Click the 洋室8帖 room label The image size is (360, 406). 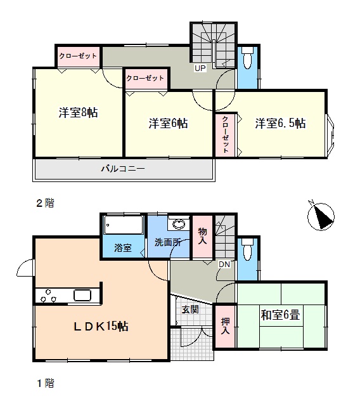tap(78, 113)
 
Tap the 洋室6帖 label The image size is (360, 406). tap(168, 123)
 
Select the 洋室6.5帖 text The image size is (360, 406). tap(280, 123)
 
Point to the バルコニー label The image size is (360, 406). tap(123, 169)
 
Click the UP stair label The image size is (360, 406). tap(200, 69)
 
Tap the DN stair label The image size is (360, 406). tap(224, 265)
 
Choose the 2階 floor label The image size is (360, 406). tap(45, 203)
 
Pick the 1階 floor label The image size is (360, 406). tap(45, 383)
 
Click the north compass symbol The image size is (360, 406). tap(321, 216)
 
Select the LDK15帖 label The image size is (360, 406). tap(101, 326)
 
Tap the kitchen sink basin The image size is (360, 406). tap(82, 295)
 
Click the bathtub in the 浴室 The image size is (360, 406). tap(124, 225)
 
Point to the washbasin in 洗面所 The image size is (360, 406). tap(179, 224)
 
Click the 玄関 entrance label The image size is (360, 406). tap(190, 310)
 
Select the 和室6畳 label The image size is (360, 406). tap(280, 315)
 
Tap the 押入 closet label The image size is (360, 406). tap(225, 326)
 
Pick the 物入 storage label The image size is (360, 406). tap(203, 236)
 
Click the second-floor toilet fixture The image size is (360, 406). tap(247, 58)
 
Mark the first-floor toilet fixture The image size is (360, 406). tap(247, 249)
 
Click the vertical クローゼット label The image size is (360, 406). tap(225, 134)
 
